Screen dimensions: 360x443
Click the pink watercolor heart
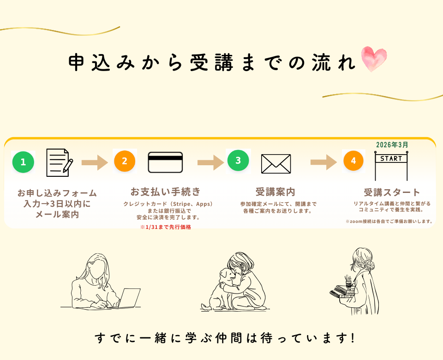tap(374, 59)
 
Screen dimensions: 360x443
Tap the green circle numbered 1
tap(23, 162)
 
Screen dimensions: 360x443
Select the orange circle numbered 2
tap(125, 161)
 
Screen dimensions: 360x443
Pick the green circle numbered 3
tap(238, 161)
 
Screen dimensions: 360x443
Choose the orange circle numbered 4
tap(353, 161)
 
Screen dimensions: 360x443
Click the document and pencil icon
tap(59, 162)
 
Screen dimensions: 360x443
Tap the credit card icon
tap(165, 162)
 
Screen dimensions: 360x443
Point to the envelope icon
tap(276, 163)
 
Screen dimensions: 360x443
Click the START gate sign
tap(391, 159)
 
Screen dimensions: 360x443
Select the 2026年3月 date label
tap(392, 144)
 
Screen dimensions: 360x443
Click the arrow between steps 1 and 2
tap(94, 162)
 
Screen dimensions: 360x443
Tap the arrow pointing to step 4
tap(323, 162)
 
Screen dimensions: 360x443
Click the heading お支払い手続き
tap(165, 192)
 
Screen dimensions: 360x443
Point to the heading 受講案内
tap(275, 192)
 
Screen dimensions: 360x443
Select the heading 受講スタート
tap(392, 192)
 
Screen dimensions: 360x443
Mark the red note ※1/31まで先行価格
tap(165, 227)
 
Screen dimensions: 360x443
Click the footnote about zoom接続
tap(389, 222)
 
